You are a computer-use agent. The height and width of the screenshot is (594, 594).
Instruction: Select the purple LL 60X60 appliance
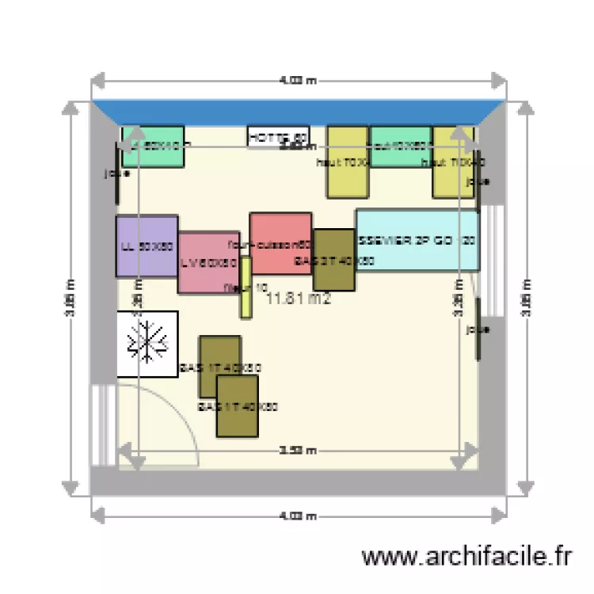pos(147,246)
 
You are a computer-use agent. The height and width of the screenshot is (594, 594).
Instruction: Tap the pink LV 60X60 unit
pos(208,263)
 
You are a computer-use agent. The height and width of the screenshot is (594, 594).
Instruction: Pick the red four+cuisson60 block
pos(280,243)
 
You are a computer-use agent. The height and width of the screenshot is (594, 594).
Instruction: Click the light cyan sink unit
pos(417,240)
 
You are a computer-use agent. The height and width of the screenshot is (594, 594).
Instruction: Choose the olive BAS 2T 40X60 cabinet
pos(333,260)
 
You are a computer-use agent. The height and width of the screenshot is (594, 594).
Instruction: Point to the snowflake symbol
pos(147,343)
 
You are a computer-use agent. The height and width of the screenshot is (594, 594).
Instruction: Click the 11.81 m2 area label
pos(298,299)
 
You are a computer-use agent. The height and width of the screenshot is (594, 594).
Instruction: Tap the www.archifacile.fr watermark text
pos(466,557)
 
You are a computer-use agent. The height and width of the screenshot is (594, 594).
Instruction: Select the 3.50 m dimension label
pos(298,451)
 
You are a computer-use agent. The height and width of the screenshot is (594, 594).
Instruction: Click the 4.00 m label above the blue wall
pos(298,80)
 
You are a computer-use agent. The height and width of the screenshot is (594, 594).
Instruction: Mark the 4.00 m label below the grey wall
pos(298,516)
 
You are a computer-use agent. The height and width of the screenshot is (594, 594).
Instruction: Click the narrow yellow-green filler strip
pos(246,287)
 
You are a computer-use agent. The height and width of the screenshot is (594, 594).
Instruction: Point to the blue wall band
pos(298,112)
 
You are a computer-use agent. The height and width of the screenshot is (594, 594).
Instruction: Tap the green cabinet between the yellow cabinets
pos(401,146)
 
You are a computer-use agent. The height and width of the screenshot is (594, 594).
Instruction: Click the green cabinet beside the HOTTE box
pos(153,146)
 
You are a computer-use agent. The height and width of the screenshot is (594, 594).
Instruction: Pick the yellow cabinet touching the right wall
pos(453,162)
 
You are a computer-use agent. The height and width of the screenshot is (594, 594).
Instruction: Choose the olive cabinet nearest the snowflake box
pos(219,366)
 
